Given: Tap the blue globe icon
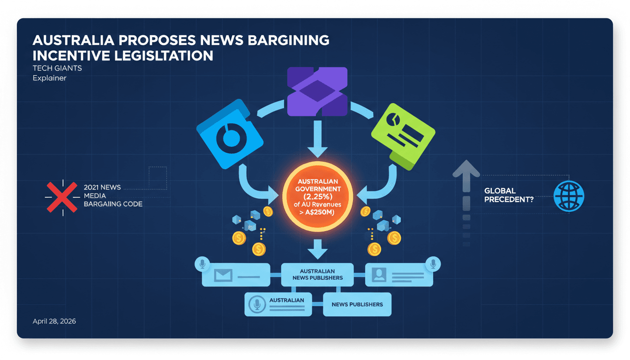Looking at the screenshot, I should [569, 195].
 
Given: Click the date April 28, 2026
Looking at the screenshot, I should [54, 322].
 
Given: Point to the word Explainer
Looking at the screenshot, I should [49, 78].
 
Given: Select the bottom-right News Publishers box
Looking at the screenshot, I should [357, 305].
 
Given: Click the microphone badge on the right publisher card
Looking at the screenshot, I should [432, 264].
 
